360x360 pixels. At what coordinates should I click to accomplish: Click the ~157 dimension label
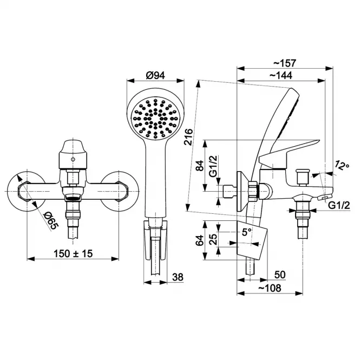click(285, 63)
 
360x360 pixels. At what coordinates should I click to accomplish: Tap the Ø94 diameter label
click(155, 75)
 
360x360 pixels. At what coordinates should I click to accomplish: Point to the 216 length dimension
click(189, 137)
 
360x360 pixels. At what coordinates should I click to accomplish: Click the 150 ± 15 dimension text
click(73, 254)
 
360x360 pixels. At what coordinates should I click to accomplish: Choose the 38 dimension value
click(178, 277)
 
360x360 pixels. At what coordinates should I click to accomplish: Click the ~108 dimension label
click(270, 288)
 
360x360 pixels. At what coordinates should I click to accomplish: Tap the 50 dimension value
click(280, 274)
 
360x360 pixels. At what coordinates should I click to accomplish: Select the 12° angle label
click(342, 165)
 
